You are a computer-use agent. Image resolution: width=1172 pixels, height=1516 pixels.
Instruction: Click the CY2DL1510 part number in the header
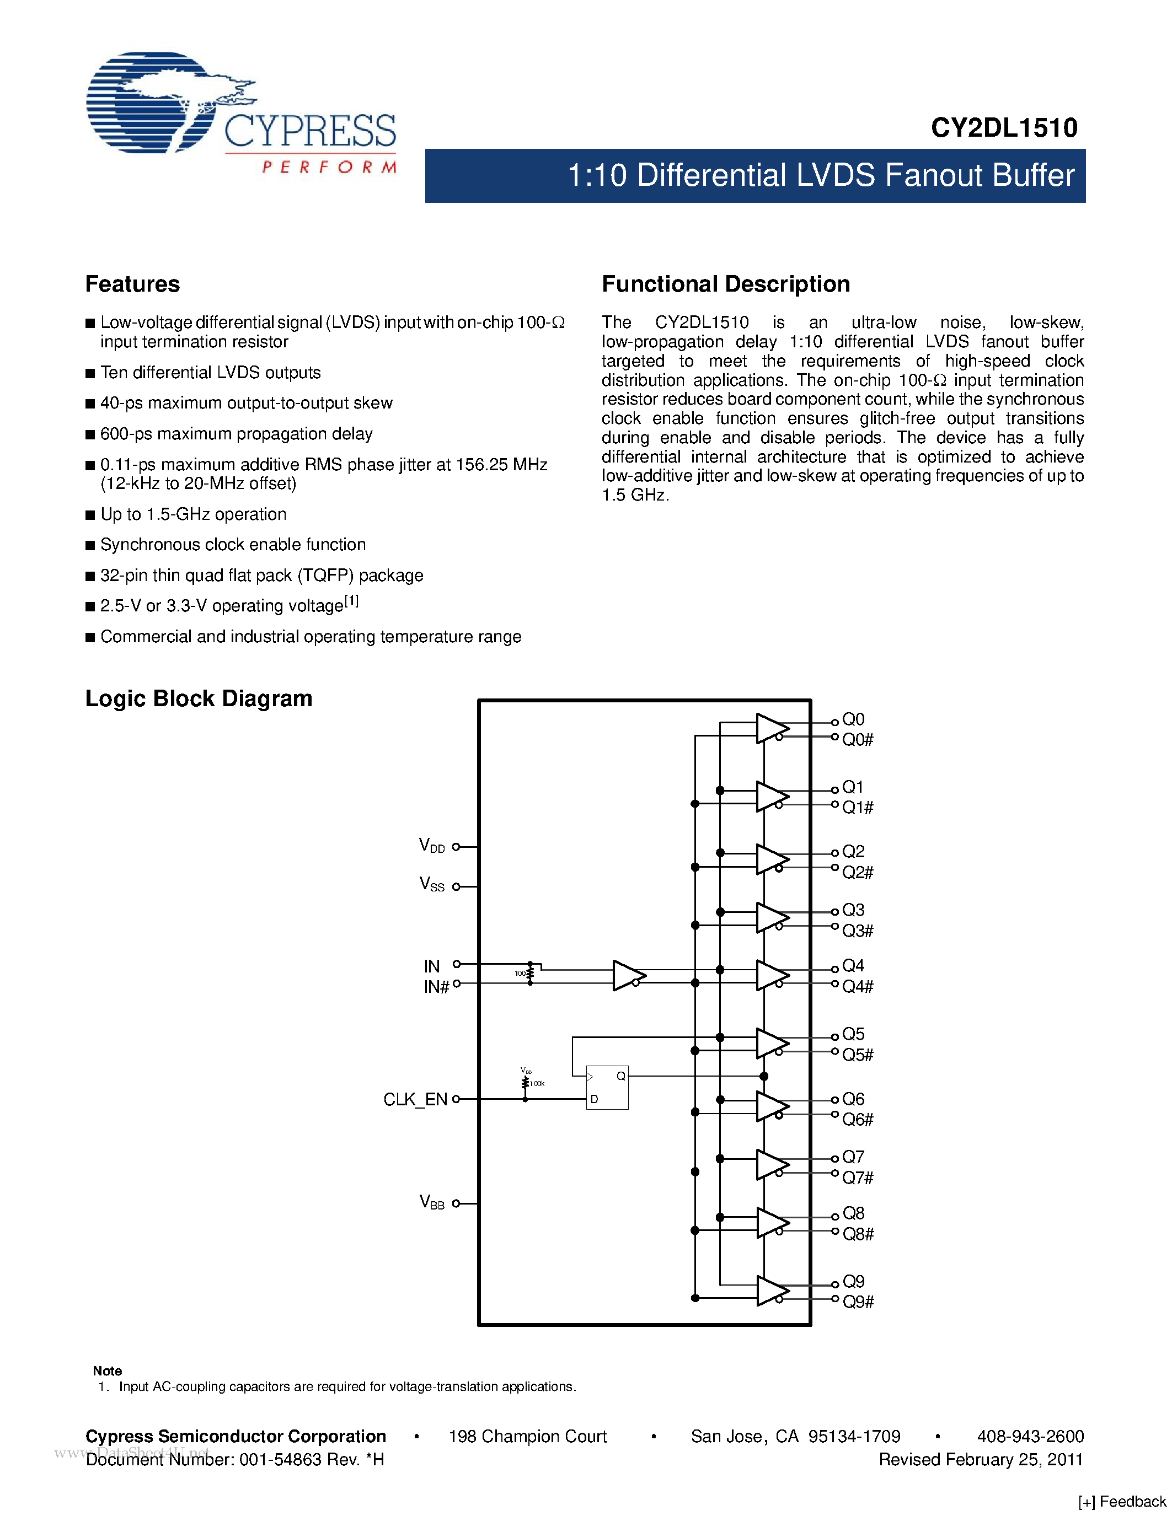coord(1004,128)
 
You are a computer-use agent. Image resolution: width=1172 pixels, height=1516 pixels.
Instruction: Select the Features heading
coord(132,284)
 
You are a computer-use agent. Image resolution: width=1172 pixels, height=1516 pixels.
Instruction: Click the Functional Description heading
coord(726,284)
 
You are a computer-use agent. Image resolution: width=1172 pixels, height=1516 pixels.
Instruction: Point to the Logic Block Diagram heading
coord(199,698)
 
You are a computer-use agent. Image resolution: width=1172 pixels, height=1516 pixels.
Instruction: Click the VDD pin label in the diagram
coord(431,846)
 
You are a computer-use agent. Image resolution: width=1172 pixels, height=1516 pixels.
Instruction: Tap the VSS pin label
coord(431,884)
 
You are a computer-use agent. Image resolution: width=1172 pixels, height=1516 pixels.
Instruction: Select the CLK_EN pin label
coord(415,1099)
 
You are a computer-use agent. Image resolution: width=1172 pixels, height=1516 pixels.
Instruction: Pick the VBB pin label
coord(431,1202)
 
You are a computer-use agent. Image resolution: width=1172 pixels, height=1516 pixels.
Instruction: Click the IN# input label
coord(437,986)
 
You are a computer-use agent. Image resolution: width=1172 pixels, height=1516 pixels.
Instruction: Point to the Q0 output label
coord(853,719)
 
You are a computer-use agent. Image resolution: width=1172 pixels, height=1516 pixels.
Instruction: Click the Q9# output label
coord(858,1302)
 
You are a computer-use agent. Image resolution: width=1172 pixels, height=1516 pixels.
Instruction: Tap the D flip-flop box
coord(607,1087)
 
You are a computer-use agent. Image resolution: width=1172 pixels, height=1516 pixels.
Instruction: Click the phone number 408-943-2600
coord(1030,1436)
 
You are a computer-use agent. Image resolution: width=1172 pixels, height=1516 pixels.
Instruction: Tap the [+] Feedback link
coord(1123,1502)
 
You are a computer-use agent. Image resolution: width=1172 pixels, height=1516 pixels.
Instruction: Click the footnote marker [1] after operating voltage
coord(352,601)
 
